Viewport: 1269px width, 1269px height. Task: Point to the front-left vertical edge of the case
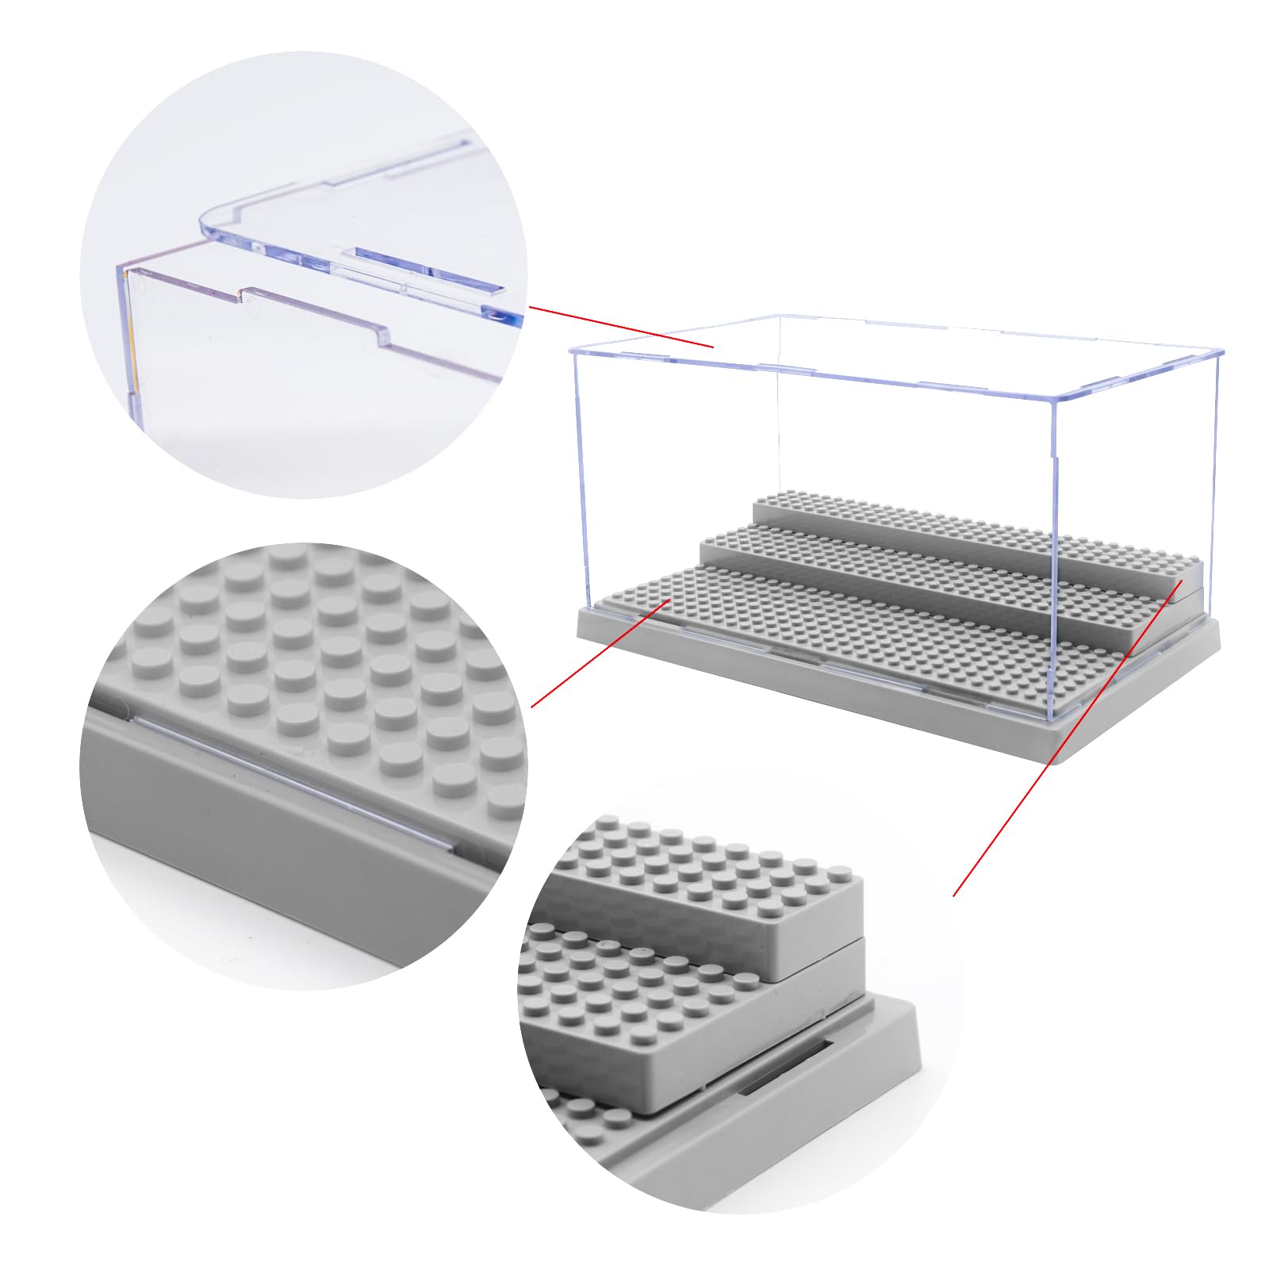pyautogui.click(x=573, y=476)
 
